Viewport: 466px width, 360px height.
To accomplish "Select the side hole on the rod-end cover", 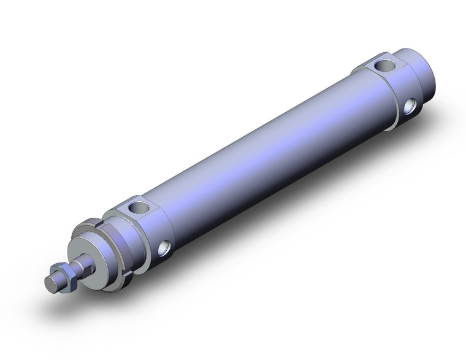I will (x=165, y=248).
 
